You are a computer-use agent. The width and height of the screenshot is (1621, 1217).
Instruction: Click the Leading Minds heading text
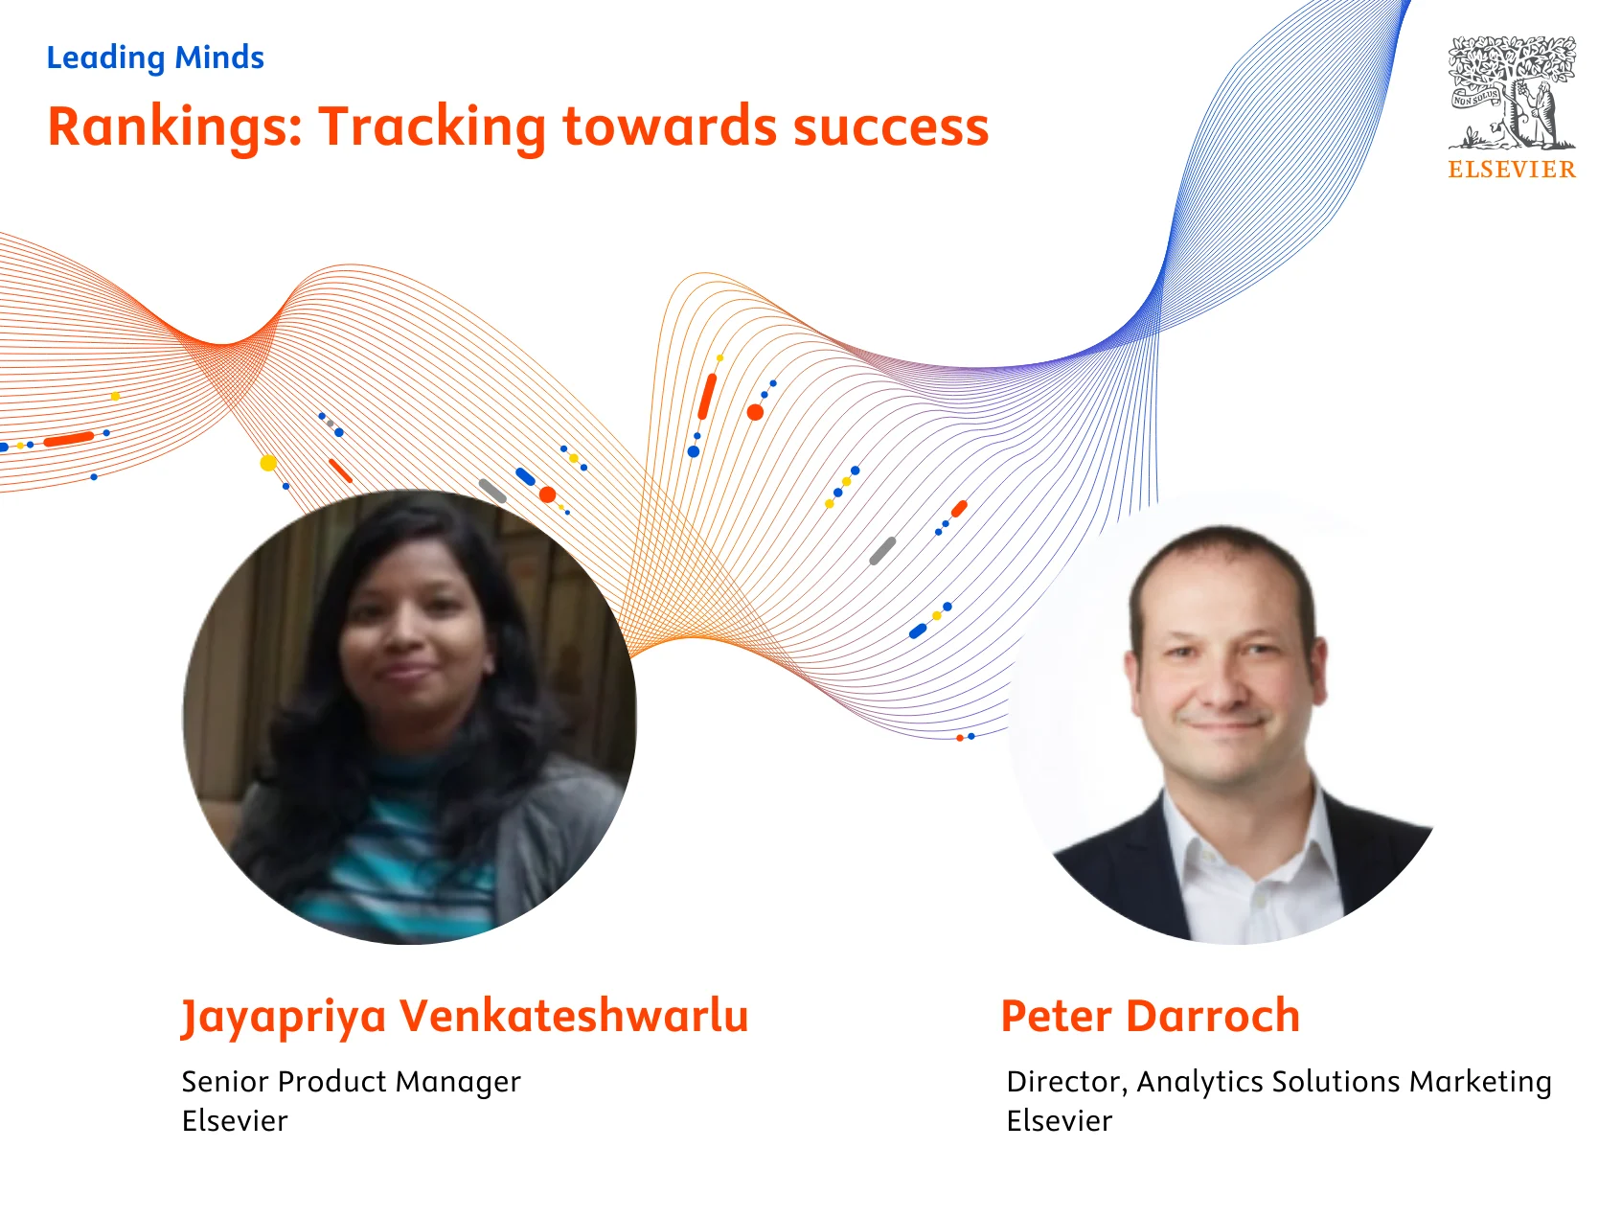click(x=155, y=57)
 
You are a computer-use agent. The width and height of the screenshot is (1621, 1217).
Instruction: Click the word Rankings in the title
click(x=175, y=127)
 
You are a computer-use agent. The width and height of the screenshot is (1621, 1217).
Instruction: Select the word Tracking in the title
click(x=432, y=127)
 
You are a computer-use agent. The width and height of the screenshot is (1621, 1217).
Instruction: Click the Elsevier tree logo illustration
click(x=1512, y=93)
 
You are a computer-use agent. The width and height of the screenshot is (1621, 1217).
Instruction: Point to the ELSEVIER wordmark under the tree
click(x=1512, y=170)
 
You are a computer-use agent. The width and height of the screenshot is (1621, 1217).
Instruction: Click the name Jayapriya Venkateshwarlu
click(x=465, y=1017)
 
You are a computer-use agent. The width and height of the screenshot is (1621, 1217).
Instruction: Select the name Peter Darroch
click(x=1150, y=1017)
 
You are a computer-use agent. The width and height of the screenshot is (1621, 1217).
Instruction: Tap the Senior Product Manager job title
click(x=351, y=1082)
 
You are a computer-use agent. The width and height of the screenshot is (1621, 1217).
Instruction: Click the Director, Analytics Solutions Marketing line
click(x=1278, y=1082)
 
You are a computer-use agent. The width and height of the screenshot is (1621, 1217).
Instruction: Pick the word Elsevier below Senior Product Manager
click(x=235, y=1121)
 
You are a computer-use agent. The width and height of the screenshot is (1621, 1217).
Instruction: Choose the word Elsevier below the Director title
click(x=1059, y=1121)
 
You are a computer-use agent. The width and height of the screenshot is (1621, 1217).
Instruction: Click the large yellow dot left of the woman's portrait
click(x=268, y=463)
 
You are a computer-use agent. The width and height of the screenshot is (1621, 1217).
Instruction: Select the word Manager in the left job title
click(x=458, y=1082)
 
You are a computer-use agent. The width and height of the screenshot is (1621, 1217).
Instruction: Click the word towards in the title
click(x=669, y=127)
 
